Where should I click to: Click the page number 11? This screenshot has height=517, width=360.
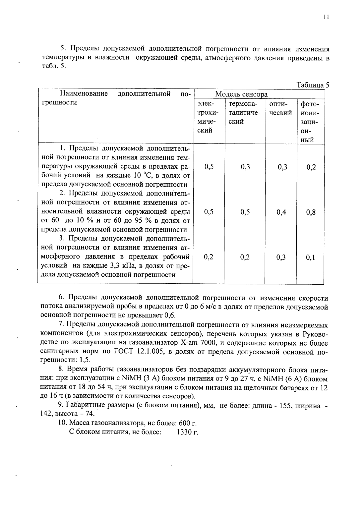pyautogui.click(x=326, y=17)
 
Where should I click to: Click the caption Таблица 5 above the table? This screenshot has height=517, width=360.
pyautogui.click(x=313, y=85)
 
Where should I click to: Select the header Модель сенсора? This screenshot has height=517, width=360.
pyautogui.click(x=241, y=94)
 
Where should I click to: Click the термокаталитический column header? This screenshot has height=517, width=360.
pyautogui.click(x=245, y=113)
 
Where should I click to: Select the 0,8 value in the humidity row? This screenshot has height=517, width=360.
pyautogui.click(x=311, y=212)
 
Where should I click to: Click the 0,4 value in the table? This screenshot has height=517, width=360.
pyautogui.click(x=281, y=212)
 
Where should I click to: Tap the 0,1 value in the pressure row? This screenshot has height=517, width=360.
pyautogui.click(x=311, y=258)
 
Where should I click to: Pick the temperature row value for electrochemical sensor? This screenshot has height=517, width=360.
pyautogui.click(x=209, y=167)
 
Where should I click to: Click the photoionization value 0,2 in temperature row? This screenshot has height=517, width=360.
pyautogui.click(x=311, y=167)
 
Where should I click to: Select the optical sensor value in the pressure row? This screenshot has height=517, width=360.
pyautogui.click(x=281, y=258)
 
